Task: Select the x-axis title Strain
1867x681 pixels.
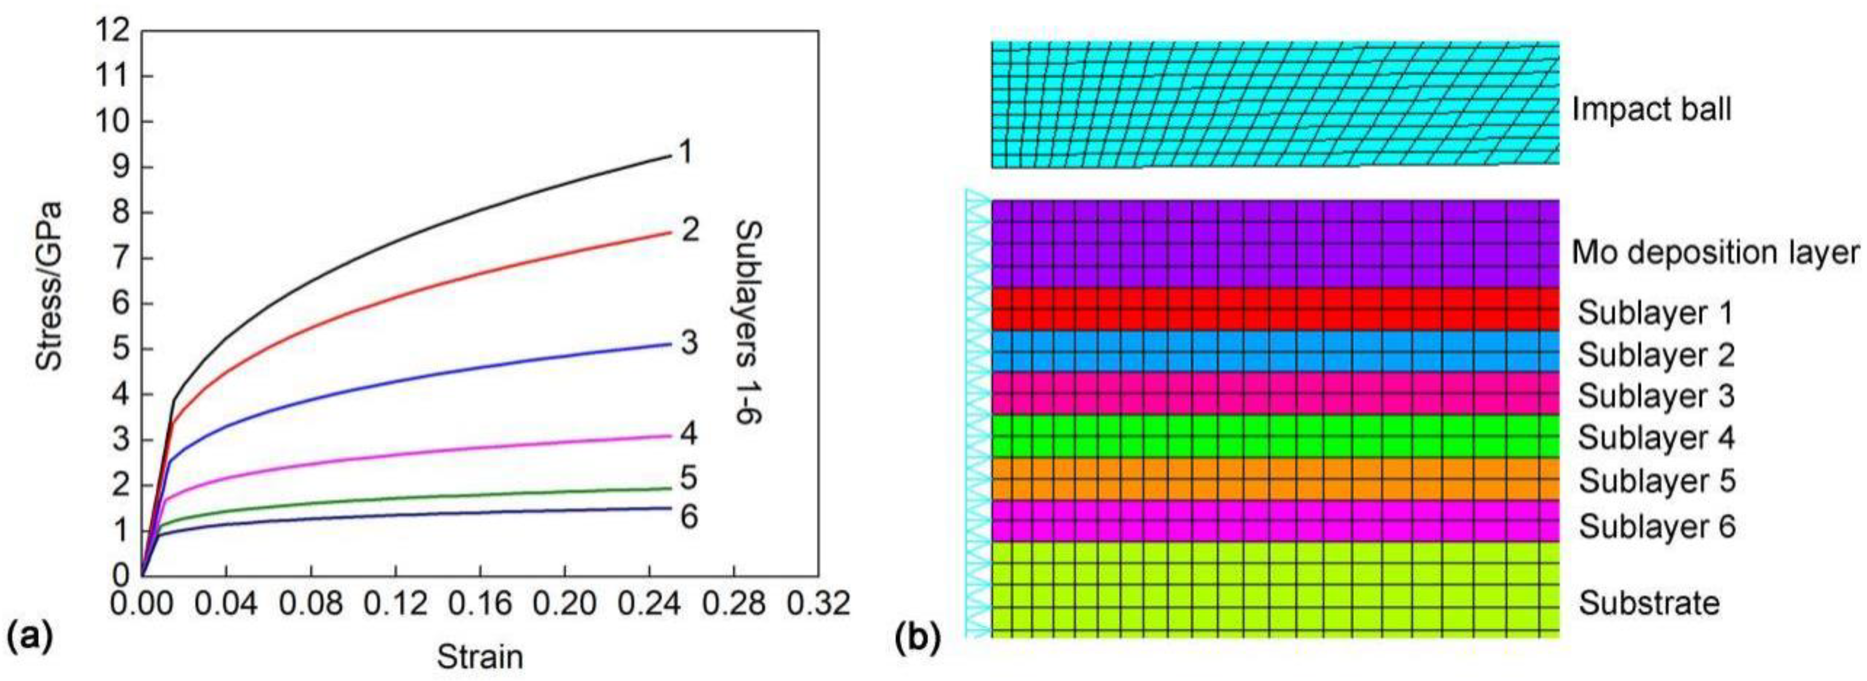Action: [480, 657]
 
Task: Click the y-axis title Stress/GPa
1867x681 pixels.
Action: [49, 286]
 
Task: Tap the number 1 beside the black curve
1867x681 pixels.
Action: [685, 153]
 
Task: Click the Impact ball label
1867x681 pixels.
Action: [1651, 109]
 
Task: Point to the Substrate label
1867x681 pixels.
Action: [1649, 603]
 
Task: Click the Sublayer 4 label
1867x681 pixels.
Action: [1656, 438]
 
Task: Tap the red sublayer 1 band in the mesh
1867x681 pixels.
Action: [1276, 309]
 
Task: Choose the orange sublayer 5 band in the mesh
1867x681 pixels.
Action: [1276, 479]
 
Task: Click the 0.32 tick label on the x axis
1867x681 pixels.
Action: [819, 603]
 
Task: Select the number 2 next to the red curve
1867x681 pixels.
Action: [690, 231]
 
